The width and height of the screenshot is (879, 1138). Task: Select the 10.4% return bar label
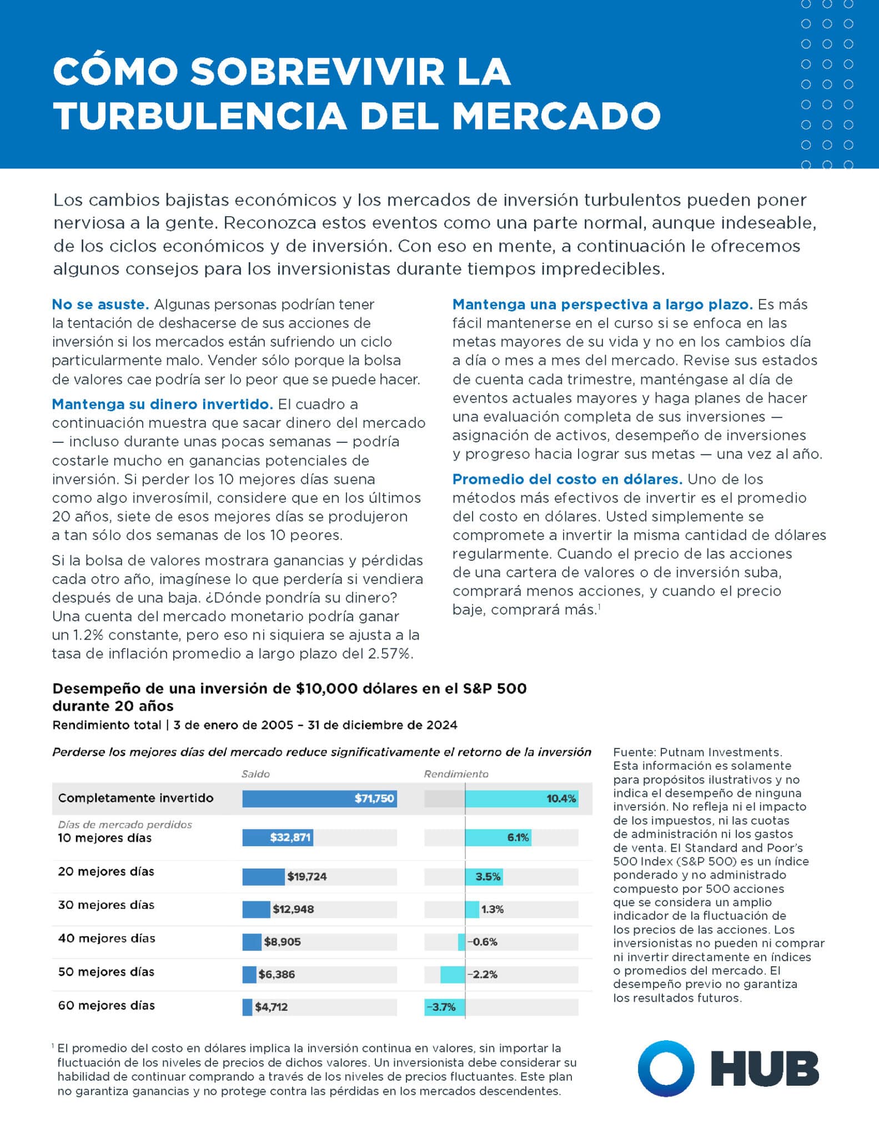click(x=561, y=798)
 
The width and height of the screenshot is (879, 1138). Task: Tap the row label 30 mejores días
click(x=106, y=905)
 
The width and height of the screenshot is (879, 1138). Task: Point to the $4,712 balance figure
click(x=271, y=1006)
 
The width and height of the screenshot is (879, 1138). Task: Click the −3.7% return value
click(x=441, y=1006)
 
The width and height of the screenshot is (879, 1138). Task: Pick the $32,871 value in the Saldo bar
click(x=290, y=837)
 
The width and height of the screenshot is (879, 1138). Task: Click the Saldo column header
click(x=255, y=773)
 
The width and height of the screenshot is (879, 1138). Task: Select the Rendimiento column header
click(x=456, y=773)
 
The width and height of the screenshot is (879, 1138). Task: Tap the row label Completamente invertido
click(x=135, y=798)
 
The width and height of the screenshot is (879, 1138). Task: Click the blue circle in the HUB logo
click(x=665, y=1069)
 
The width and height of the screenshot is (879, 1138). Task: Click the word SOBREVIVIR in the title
click(x=320, y=72)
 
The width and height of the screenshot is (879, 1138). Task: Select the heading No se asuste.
click(x=100, y=305)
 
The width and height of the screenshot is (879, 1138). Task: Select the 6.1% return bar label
click(x=518, y=837)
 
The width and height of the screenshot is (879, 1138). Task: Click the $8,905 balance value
click(x=282, y=941)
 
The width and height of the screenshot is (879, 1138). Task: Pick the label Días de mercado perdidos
click(x=125, y=825)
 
